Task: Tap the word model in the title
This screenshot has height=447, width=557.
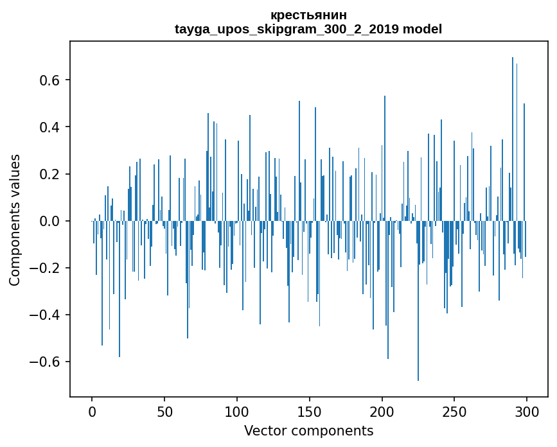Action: [422, 30]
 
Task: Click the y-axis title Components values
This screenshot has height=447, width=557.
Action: [15, 220]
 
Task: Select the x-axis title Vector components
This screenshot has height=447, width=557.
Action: [308, 431]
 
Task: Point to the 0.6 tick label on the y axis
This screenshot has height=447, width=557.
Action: [51, 80]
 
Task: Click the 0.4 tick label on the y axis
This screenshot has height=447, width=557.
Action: [51, 127]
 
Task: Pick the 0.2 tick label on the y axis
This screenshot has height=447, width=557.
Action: [51, 174]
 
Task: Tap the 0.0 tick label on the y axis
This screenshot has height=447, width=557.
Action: [51, 221]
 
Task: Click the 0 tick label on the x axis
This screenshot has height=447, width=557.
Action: [92, 411]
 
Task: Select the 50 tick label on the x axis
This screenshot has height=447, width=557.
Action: [164, 411]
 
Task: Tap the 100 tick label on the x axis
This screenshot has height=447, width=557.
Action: [237, 411]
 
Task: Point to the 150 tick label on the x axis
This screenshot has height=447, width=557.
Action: [310, 411]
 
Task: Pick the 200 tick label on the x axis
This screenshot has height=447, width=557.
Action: [382, 411]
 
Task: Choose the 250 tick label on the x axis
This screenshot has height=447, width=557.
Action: [454, 411]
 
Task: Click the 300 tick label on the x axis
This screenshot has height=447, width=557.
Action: [527, 411]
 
